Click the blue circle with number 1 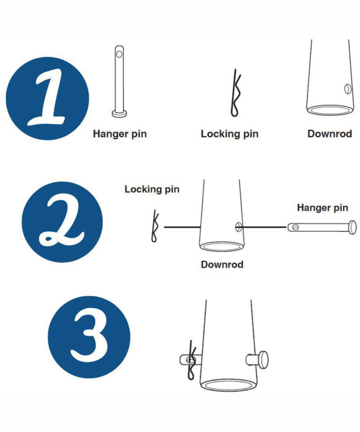(x=48, y=99)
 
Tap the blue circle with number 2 (x=62, y=222)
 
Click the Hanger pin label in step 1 (x=120, y=134)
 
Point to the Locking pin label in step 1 (x=230, y=134)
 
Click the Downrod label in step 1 (x=330, y=134)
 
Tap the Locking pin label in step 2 (x=152, y=189)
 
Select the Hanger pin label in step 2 (x=323, y=208)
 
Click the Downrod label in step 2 (x=222, y=265)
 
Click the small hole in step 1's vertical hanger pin (x=119, y=54)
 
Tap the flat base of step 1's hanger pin (x=120, y=114)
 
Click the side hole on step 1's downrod (x=347, y=89)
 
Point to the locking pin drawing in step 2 (x=155, y=226)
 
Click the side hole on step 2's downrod (x=238, y=227)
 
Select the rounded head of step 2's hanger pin (x=353, y=228)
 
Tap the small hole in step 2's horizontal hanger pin (x=295, y=228)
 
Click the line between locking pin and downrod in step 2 (x=182, y=227)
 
